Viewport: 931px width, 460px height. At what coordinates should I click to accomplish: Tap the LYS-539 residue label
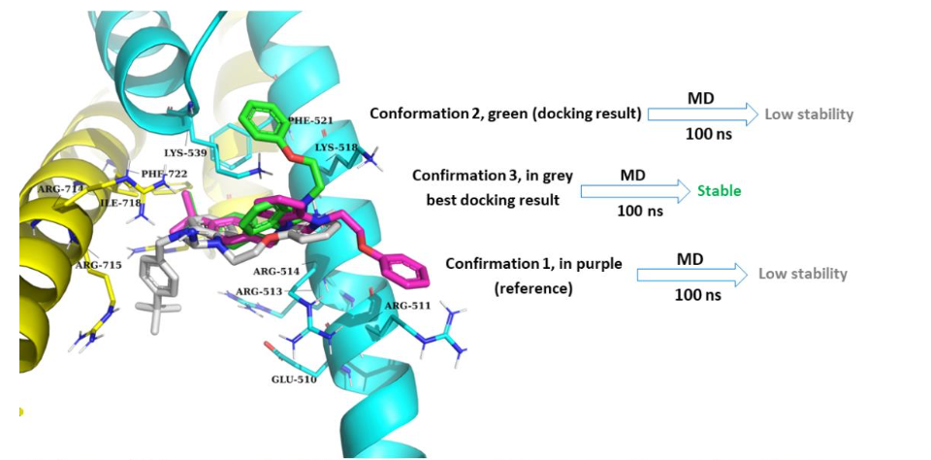(185, 153)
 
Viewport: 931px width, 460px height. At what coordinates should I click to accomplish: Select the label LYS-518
(337, 148)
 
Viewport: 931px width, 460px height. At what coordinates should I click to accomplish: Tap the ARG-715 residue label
(98, 265)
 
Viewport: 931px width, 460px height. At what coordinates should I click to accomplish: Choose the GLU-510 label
(294, 378)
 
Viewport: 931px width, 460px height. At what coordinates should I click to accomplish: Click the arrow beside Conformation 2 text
(699, 115)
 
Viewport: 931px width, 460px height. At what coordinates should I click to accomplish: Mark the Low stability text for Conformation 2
(809, 115)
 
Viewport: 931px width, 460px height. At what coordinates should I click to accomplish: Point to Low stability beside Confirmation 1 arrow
(802, 275)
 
